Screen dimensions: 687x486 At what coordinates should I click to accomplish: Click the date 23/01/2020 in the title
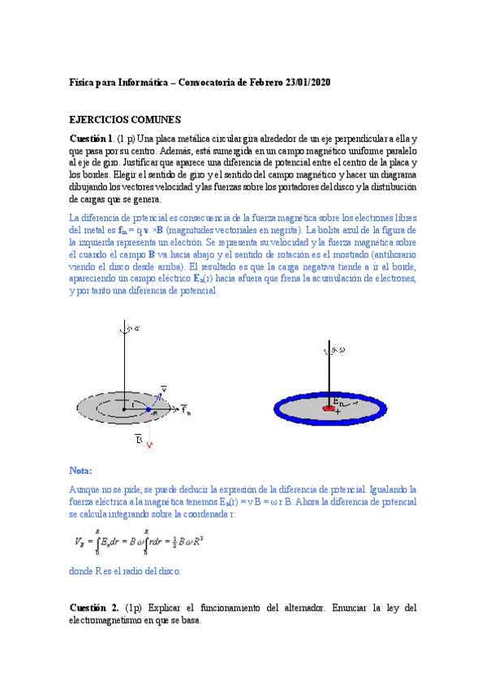[x=303, y=83]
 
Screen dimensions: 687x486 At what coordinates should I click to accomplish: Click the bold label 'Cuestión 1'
[x=91, y=139]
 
